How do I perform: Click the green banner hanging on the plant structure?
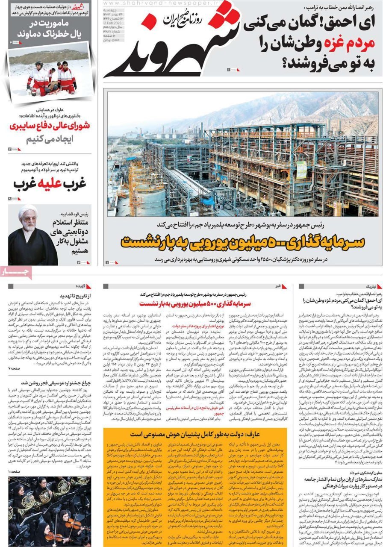(x=302, y=169)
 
